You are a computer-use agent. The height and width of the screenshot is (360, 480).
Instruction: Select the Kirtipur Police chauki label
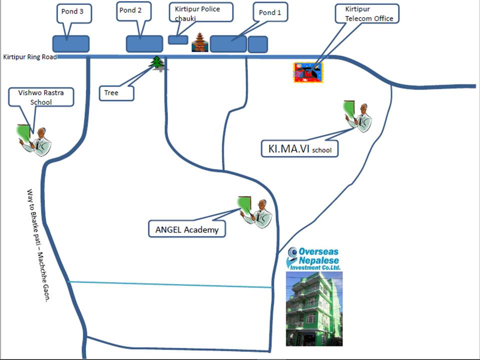pyautogui.click(x=201, y=12)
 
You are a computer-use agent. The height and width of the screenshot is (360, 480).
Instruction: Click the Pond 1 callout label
pyautogui.click(x=270, y=13)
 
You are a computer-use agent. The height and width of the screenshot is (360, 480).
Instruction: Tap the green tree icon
pyautogui.click(x=158, y=63)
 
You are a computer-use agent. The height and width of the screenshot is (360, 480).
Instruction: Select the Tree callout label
pyautogui.click(x=116, y=93)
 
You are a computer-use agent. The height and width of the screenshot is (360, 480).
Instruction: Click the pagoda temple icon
pyautogui.click(x=200, y=43)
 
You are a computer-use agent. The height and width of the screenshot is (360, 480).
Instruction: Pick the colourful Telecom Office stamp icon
pyautogui.click(x=308, y=72)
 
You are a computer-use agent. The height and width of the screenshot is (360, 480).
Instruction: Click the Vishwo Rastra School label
pyautogui.click(x=41, y=97)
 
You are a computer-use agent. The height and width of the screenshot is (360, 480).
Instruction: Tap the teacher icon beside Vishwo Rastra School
pyautogui.click(x=34, y=139)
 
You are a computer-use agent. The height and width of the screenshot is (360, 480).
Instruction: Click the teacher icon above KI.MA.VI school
pyautogui.click(x=357, y=116)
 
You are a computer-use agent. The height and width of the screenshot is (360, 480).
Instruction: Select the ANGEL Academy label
pyautogui.click(x=187, y=229)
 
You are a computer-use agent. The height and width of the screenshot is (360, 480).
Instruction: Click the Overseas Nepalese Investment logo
pyautogui.click(x=314, y=259)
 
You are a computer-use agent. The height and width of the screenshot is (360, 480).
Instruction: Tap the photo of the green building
pyautogui.click(x=314, y=309)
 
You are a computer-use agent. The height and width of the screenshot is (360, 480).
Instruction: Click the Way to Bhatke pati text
pyautogui.click(x=39, y=245)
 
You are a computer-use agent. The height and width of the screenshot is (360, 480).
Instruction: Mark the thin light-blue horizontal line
pyautogui.click(x=170, y=284)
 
